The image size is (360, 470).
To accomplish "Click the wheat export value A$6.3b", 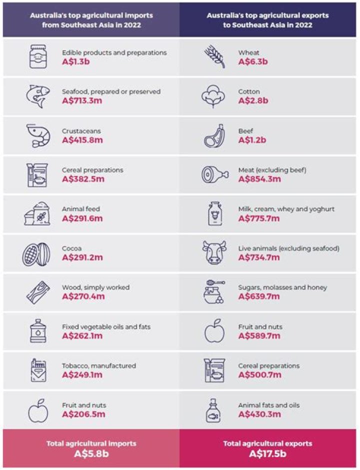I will click(253, 62).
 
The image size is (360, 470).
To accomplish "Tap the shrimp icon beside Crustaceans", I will click(38, 136).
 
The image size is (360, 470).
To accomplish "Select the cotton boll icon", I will click(213, 96).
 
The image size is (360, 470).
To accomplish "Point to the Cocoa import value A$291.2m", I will click(82, 258).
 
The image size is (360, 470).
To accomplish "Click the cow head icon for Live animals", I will click(213, 253).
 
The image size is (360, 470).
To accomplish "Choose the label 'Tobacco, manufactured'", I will click(99, 366).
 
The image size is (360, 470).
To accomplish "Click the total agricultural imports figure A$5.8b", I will click(91, 453).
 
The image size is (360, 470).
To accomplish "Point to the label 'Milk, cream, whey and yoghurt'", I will click(286, 209).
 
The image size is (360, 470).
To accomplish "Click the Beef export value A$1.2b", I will click(252, 140).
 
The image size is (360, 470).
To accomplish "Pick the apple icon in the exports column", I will click(213, 331).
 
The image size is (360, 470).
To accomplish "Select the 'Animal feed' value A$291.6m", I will click(82, 218).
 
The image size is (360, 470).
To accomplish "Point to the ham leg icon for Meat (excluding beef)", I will click(213, 175).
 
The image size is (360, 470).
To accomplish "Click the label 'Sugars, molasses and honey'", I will click(282, 287).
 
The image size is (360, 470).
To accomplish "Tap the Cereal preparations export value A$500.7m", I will click(259, 375).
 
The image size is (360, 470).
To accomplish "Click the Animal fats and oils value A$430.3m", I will click(259, 414).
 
